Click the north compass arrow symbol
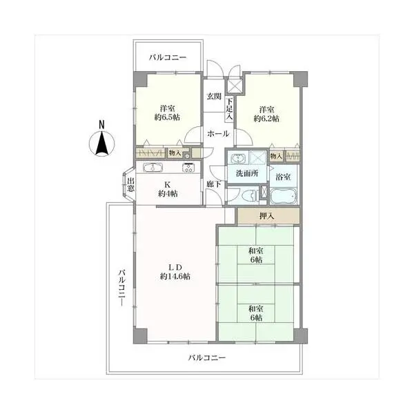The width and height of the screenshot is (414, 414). pyautogui.click(x=102, y=142)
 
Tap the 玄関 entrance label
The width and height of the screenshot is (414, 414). pyautogui.click(x=214, y=97)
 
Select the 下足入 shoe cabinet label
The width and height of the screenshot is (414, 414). pyautogui.click(x=229, y=109)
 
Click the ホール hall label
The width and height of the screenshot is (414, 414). pyautogui.click(x=218, y=134)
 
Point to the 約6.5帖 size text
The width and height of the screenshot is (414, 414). pyautogui.click(x=167, y=117)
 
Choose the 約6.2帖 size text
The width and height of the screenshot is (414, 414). pyautogui.click(x=266, y=119)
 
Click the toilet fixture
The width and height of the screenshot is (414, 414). pyautogui.click(x=250, y=196)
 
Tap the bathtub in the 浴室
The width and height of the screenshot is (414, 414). pyautogui.click(x=284, y=196)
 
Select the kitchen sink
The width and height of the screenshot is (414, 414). pyautogui.click(x=152, y=168)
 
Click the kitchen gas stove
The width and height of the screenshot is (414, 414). pyautogui.click(x=188, y=168)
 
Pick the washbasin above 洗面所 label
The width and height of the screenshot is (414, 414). pyautogui.click(x=239, y=159)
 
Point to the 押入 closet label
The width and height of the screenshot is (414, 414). pyautogui.click(x=266, y=216)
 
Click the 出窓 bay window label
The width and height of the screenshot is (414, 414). pyautogui.click(x=130, y=184)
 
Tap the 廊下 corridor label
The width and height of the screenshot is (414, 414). pyautogui.click(x=214, y=184)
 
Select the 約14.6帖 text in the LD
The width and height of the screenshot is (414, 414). pyautogui.click(x=175, y=277)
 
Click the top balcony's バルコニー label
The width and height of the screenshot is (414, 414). pyautogui.click(x=168, y=57)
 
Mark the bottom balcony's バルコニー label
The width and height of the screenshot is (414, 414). pyautogui.click(x=207, y=357)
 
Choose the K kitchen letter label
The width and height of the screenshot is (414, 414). pyautogui.click(x=168, y=184)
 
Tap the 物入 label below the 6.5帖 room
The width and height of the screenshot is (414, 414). pyautogui.click(x=175, y=152)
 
